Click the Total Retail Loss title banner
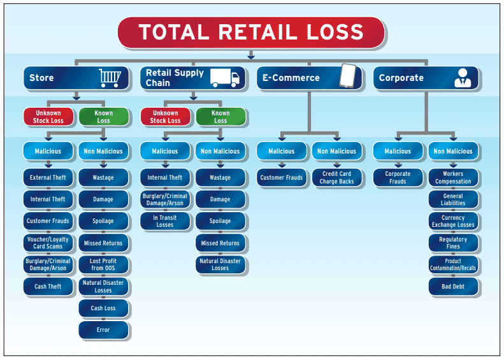pyautogui.click(x=251, y=32)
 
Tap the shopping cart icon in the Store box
pyautogui.click(x=110, y=78)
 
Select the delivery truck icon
pyautogui.click(x=225, y=78)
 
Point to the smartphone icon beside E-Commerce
pyautogui.click(x=348, y=76)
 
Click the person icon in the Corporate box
pyautogui.click(x=463, y=78)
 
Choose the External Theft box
pyautogui.click(x=48, y=177)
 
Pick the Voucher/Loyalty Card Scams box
pyautogui.click(x=48, y=243)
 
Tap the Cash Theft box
pyautogui.click(x=48, y=286)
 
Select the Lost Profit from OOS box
pyautogui.click(x=103, y=264)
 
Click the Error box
pyautogui.click(x=103, y=330)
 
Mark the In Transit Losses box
pyautogui.click(x=165, y=221)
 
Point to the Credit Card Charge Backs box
pyautogui.click(x=336, y=177)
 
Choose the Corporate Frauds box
pyautogui.click(x=398, y=177)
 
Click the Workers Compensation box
pyautogui.click(x=453, y=177)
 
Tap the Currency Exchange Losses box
pyautogui.click(x=453, y=221)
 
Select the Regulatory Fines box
pyautogui.click(x=453, y=243)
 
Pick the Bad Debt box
pyautogui.click(x=453, y=286)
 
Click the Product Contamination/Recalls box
pyautogui.click(x=453, y=264)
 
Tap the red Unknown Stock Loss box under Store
pyautogui.click(x=48, y=117)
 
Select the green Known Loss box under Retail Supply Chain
pyautogui.click(x=220, y=117)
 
